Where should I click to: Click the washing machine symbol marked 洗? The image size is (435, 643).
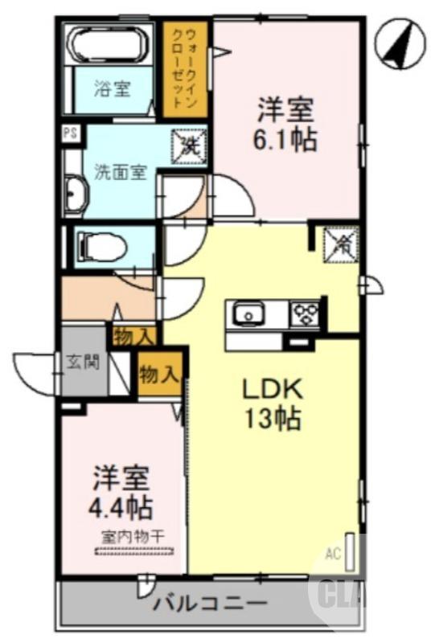(x=189, y=146)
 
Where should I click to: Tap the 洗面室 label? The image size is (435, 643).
(x=121, y=171)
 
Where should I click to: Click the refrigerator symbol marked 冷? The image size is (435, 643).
(x=339, y=244)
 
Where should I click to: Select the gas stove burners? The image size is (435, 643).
(x=305, y=312)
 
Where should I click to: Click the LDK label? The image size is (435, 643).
(x=273, y=390)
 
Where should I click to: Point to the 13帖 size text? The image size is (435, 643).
(x=273, y=419)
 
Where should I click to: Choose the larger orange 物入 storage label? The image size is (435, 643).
(x=158, y=373)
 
